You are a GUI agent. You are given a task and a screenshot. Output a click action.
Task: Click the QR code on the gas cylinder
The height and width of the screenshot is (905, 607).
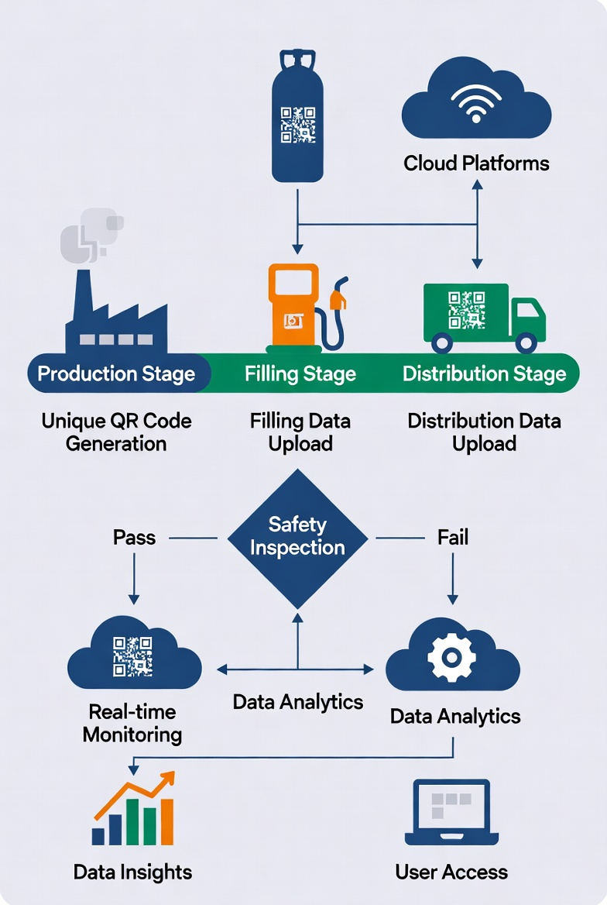[x=298, y=125]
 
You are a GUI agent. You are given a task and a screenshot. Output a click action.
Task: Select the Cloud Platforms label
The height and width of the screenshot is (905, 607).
[x=476, y=163]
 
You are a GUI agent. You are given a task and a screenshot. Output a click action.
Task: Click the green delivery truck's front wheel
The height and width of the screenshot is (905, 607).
[x=526, y=342]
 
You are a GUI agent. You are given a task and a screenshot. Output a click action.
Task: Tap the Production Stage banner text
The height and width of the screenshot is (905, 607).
[x=116, y=374]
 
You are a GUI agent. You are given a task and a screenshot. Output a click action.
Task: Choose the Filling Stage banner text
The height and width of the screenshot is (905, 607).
[x=300, y=374]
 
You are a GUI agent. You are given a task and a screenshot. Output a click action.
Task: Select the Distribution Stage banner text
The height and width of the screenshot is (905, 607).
[x=485, y=374]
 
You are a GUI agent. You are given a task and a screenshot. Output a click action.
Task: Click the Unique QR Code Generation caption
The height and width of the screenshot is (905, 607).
[x=116, y=432]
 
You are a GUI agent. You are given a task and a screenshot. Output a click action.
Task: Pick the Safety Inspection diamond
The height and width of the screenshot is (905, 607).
[x=297, y=536]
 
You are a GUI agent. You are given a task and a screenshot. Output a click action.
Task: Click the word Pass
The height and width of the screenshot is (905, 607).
[x=134, y=537]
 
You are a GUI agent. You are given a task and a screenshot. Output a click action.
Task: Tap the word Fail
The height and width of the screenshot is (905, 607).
[x=453, y=537]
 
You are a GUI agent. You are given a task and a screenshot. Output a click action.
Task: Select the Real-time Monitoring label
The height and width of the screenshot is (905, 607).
[x=132, y=723]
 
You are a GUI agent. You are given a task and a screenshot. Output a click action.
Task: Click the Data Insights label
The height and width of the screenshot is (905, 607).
[x=132, y=872]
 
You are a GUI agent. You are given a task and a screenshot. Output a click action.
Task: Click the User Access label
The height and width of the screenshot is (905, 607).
[x=451, y=872]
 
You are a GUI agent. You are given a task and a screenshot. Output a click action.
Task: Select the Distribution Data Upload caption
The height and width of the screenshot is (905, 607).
[x=485, y=432]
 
